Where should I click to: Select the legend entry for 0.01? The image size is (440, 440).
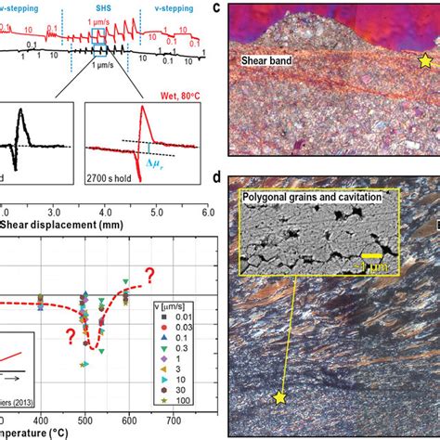(182, 314)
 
